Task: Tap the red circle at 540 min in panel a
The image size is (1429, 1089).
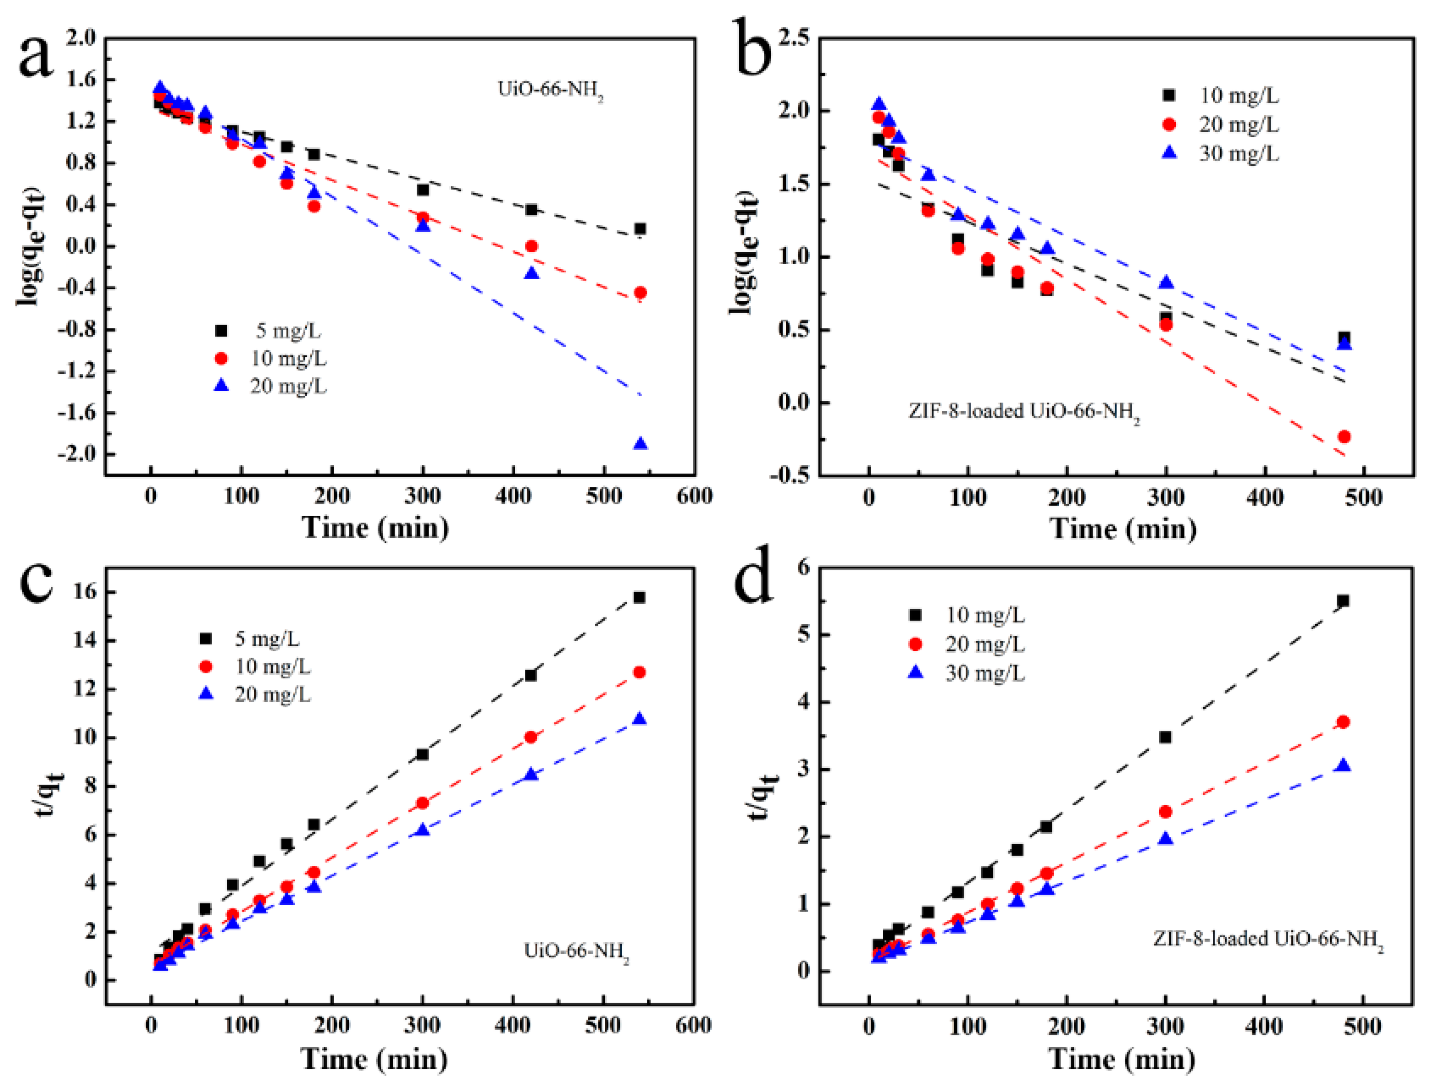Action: tap(640, 293)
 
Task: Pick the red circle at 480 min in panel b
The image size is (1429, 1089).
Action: tap(1344, 437)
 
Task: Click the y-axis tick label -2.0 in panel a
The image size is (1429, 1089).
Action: tap(76, 454)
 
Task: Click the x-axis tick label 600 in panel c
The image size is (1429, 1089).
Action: tap(693, 1025)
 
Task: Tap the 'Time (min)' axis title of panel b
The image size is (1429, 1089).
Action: tap(1122, 528)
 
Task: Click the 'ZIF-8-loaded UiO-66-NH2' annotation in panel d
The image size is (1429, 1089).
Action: tap(1268, 939)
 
